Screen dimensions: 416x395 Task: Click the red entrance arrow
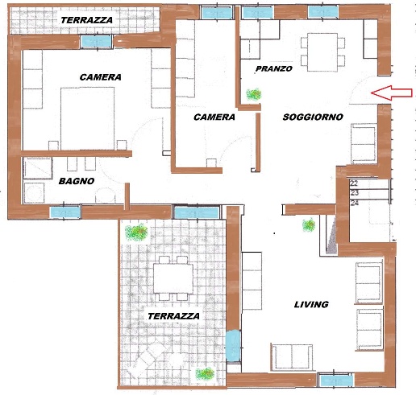(391, 93)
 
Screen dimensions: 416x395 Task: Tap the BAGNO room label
(77, 181)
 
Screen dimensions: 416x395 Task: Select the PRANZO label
(274, 69)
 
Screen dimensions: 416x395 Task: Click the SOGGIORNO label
(313, 117)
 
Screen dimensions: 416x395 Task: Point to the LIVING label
(311, 304)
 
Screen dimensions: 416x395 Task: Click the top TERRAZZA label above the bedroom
(86, 20)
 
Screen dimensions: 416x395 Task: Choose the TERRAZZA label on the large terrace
(173, 316)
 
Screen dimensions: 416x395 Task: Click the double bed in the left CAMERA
(88, 118)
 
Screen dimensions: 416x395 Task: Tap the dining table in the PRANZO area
(322, 52)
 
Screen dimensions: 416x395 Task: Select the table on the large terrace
(173, 278)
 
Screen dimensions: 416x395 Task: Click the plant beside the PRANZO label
(254, 94)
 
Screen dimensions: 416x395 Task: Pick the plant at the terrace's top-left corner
(136, 232)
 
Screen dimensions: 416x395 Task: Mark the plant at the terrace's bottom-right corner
(205, 373)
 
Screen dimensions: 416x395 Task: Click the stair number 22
(354, 183)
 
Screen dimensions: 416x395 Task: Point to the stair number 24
(355, 203)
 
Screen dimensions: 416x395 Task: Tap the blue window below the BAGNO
(65, 212)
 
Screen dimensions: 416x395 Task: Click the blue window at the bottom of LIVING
(336, 381)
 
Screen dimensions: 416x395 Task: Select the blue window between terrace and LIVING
(233, 346)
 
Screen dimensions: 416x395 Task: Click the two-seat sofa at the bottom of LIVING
(292, 357)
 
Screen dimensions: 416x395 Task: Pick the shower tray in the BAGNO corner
(38, 168)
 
